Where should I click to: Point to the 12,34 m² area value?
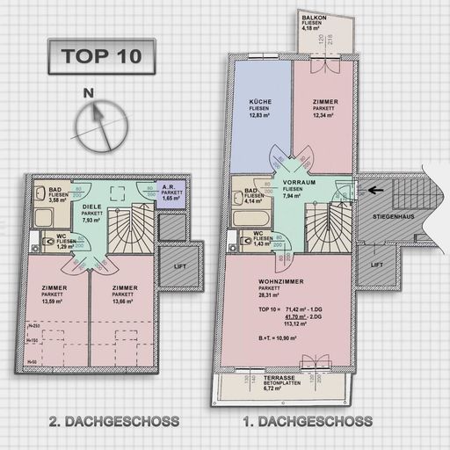tap(324, 115)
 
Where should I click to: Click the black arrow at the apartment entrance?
tap(375, 187)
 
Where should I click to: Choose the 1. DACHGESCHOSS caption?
tap(307, 421)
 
